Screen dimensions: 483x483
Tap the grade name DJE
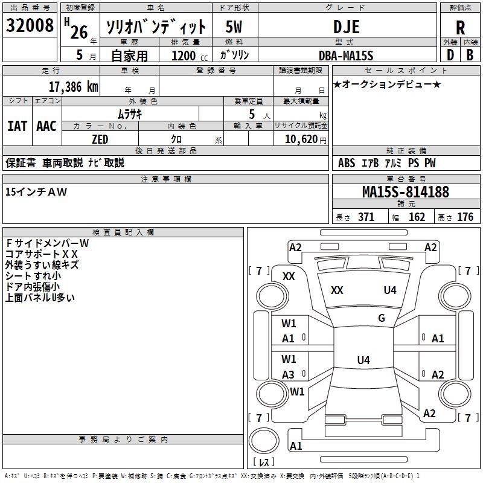point(346,27)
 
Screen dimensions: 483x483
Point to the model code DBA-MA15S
point(346,56)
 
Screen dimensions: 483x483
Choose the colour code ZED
point(100,139)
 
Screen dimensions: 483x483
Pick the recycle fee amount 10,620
point(300,139)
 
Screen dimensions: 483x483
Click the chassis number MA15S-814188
point(406,193)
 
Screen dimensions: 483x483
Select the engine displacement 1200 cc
point(184,56)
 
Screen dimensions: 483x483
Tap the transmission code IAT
point(18,126)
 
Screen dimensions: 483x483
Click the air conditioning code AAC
point(46,126)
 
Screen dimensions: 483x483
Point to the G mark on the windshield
point(382,318)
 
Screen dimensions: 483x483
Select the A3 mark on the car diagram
point(289,375)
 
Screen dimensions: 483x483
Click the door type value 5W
point(234,27)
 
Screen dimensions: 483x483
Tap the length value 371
point(366,217)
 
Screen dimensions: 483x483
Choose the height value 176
point(465,217)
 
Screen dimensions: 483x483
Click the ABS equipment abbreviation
point(347,163)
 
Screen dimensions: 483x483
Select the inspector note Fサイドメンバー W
point(47,243)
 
